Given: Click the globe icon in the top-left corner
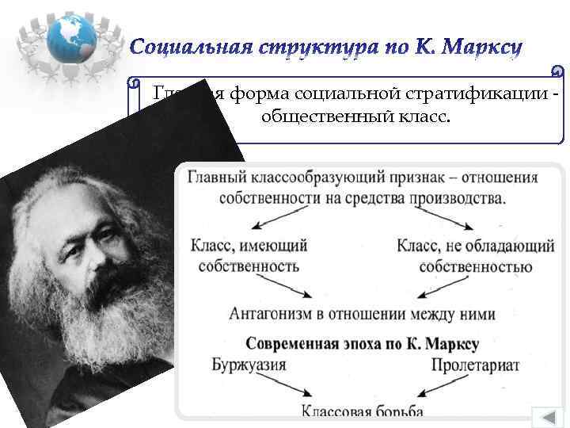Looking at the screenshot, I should coord(70,37).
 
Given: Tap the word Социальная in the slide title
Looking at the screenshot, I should coord(189,49).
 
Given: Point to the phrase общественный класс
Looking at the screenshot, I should coord(354,117).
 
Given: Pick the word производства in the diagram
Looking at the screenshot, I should coord(457,197).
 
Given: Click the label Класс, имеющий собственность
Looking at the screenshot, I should coord(249,255).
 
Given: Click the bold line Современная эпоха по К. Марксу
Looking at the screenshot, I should coord(362,345).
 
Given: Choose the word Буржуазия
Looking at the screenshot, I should coord(249,365).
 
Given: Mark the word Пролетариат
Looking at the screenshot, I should coord(475,365).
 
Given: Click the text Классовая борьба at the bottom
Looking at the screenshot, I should coord(362,411).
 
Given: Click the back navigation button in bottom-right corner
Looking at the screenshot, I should coord(546,415).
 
